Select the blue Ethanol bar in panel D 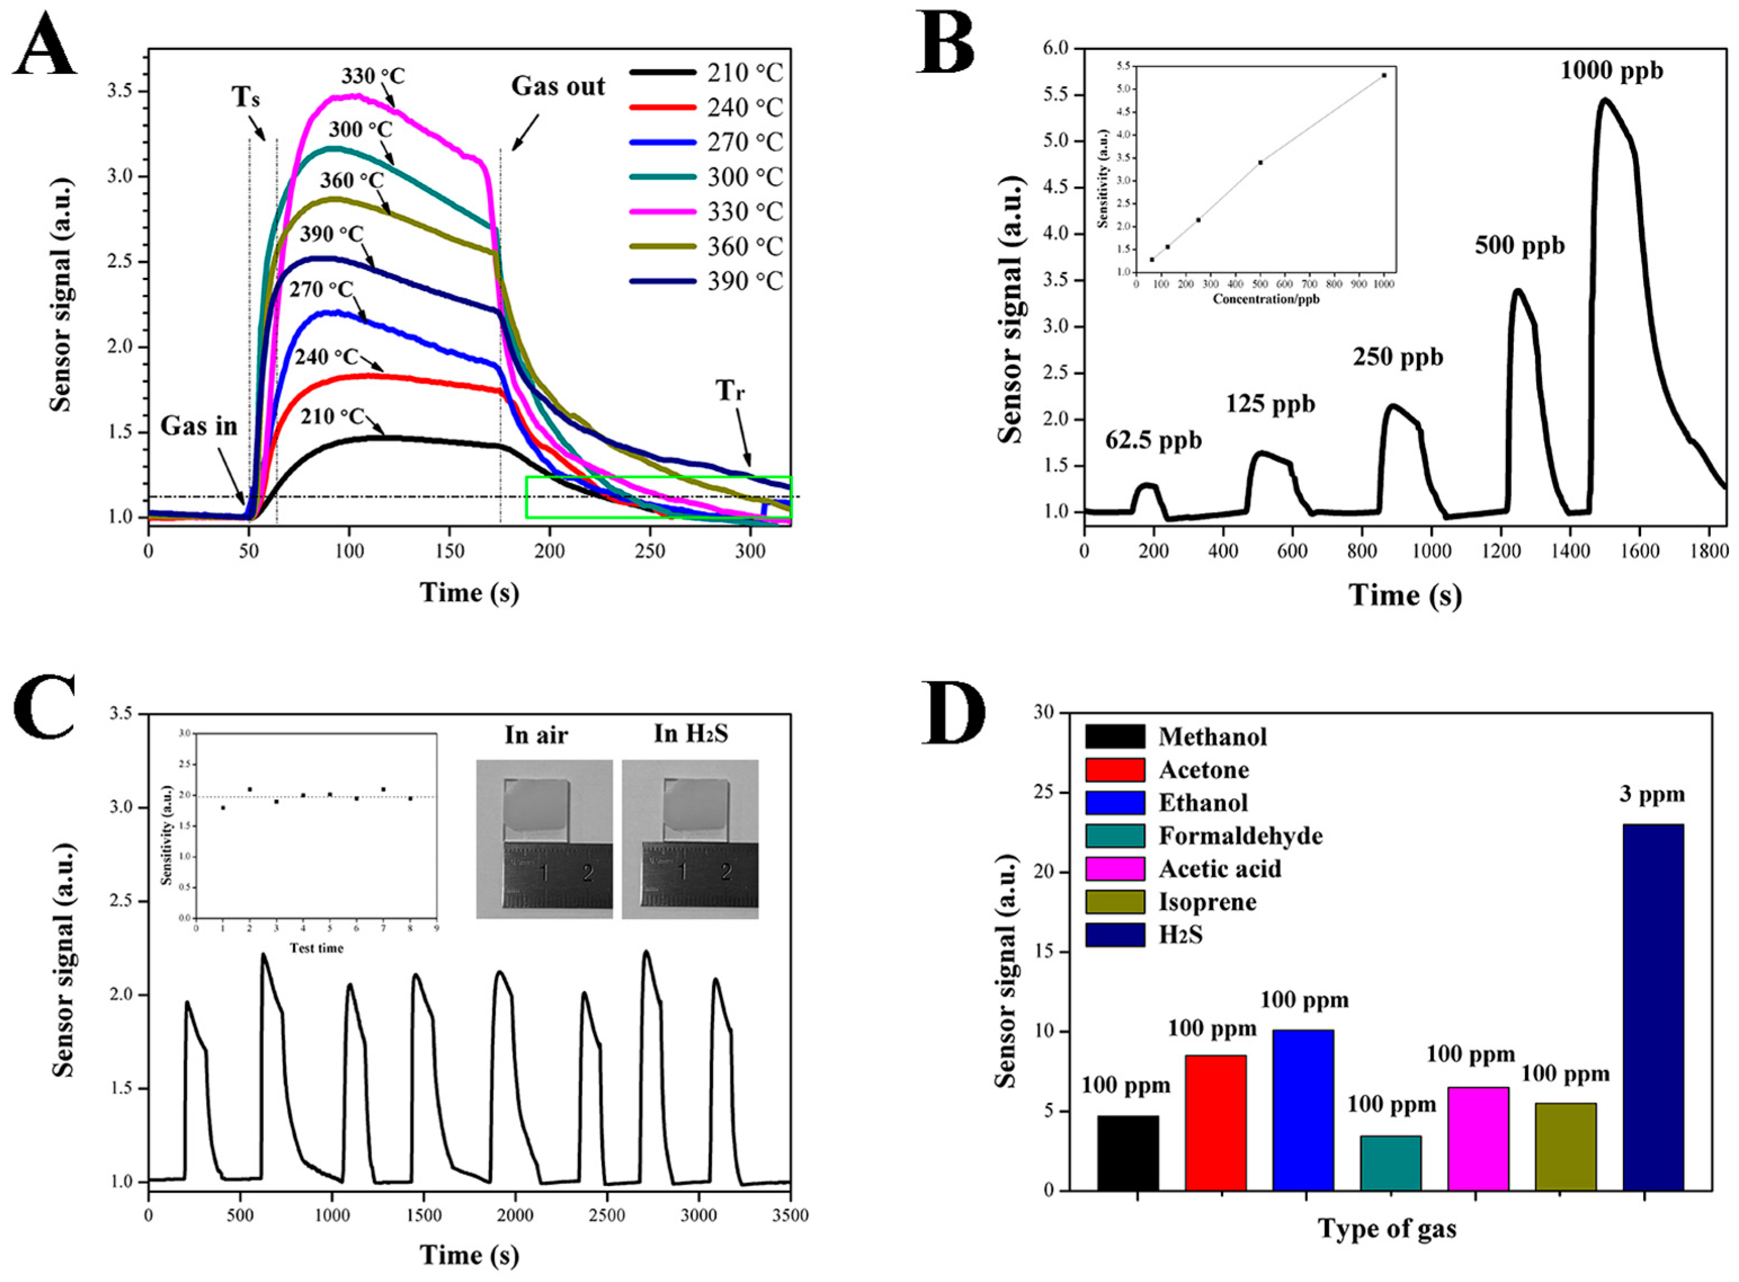pos(1303,1110)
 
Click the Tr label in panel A pos(730,390)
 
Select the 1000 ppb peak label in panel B pos(1611,72)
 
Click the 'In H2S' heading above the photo pos(690,733)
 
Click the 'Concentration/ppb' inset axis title pos(1266,299)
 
